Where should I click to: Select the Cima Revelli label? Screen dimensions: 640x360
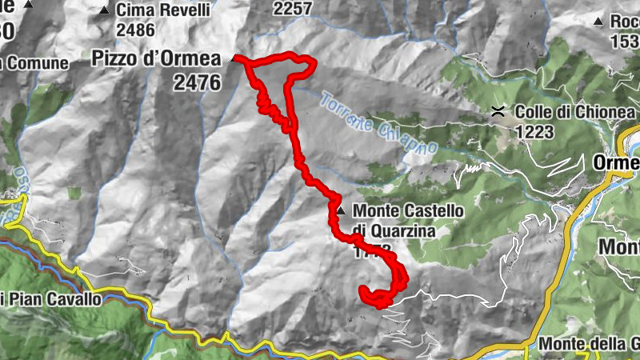coord(163,11)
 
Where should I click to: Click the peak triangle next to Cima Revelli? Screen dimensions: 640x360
coord(104,11)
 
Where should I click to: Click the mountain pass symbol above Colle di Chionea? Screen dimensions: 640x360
coord(498,113)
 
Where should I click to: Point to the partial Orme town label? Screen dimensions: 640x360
coord(616,163)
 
